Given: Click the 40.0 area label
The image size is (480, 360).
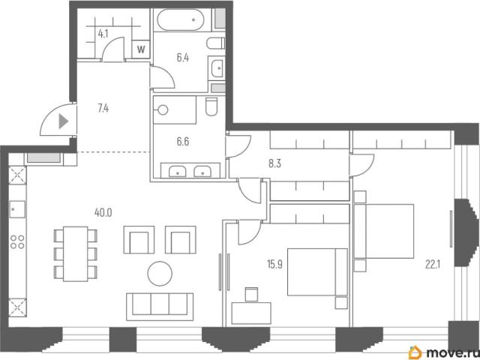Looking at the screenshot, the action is [x=103, y=212].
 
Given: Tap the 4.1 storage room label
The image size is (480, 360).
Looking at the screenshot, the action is [x=103, y=34].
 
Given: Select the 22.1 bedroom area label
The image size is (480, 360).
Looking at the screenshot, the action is [x=433, y=264].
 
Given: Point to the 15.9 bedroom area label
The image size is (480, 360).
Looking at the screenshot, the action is [x=274, y=264].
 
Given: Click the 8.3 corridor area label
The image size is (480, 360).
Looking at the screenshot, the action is [x=274, y=163].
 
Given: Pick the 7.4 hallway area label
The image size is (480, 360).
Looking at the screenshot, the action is [x=103, y=108].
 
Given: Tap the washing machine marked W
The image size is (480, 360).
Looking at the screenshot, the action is [x=141, y=49].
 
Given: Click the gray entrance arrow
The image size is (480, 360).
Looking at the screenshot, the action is [x=63, y=121].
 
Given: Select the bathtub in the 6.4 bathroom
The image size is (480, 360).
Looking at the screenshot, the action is [x=180, y=20].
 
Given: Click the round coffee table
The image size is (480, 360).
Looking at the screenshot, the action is [x=160, y=274].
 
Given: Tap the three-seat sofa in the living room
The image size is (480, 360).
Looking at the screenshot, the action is [x=160, y=307].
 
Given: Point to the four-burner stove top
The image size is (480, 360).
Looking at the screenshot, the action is [x=17, y=241].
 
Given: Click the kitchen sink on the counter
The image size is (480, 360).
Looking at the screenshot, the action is [x=17, y=209].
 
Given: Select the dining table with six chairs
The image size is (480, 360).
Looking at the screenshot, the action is [x=75, y=253].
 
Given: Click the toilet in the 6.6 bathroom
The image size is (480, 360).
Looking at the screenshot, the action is [x=211, y=106].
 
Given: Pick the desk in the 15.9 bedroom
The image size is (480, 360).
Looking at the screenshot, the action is [x=251, y=313].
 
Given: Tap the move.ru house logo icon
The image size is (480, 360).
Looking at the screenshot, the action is [x=415, y=352].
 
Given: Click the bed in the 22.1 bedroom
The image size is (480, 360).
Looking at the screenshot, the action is [x=384, y=231].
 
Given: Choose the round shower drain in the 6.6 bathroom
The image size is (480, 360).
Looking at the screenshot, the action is [x=163, y=110].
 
